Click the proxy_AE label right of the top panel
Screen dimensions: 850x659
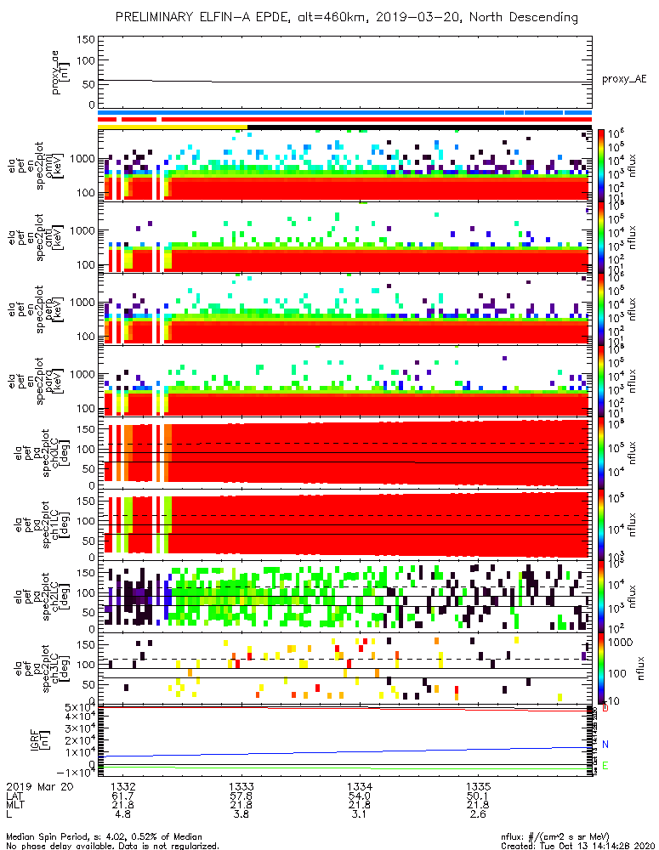[624, 79]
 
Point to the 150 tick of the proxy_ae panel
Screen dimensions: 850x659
[83, 40]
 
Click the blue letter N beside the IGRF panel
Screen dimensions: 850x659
[605, 745]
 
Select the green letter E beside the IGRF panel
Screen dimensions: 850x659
[605, 766]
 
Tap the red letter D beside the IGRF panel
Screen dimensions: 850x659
[605, 707]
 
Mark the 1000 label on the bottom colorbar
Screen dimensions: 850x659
[626, 644]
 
